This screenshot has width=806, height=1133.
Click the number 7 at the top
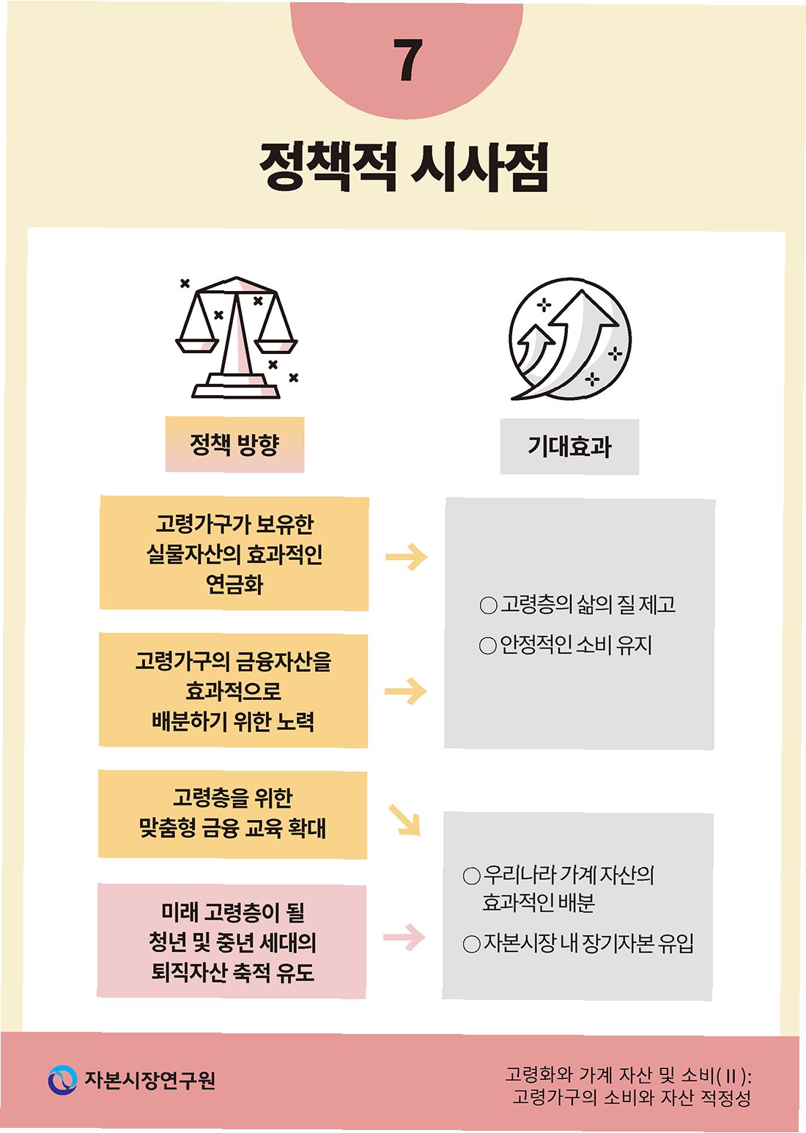point(407,60)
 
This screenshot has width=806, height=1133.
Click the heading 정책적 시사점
point(404,166)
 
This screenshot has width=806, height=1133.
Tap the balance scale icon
point(237,338)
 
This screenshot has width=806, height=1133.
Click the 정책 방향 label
point(234,444)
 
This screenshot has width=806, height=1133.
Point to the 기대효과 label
point(569,446)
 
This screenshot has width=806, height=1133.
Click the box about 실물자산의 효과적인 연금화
point(234,553)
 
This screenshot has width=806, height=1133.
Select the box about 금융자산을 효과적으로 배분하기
point(233,690)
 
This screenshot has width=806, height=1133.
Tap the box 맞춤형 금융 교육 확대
point(232,813)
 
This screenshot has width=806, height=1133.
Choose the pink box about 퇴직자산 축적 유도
point(232,942)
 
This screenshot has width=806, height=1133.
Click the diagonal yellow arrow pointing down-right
point(404,820)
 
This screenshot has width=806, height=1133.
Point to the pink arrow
point(404,937)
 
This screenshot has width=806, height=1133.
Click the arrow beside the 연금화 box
point(406,557)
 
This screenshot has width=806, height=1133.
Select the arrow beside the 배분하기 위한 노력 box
point(405,691)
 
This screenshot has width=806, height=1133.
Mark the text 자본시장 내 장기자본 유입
point(588,943)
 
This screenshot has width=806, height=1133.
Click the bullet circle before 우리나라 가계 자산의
point(472,876)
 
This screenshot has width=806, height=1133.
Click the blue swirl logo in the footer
point(62,1080)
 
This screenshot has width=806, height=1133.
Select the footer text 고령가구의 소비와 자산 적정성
point(631,1098)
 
